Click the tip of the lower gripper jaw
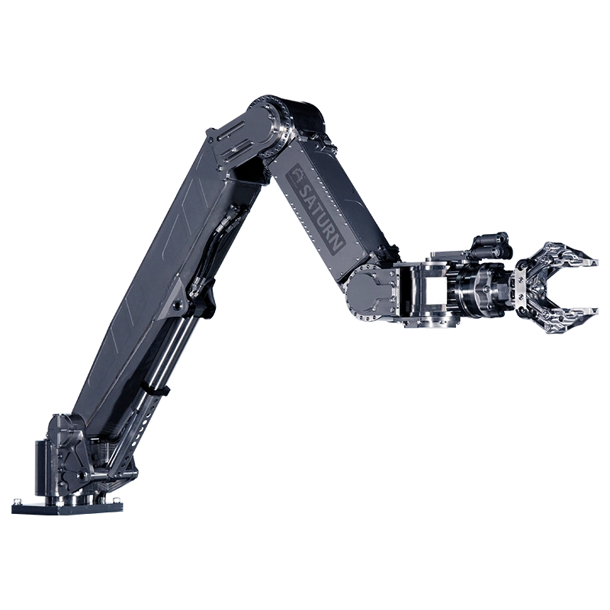(x=594, y=310)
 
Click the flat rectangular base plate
(x=67, y=508)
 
